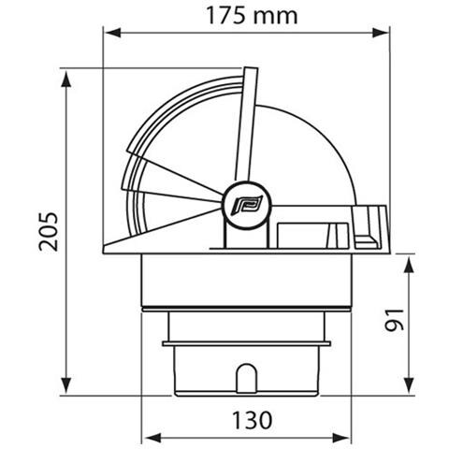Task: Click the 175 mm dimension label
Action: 252,16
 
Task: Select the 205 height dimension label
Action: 49,231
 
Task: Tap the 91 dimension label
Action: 394,320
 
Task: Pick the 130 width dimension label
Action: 253,420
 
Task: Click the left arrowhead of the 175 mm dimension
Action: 113,32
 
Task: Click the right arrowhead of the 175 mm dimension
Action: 381,32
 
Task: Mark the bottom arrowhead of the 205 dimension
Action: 66,385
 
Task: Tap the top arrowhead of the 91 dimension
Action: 409,264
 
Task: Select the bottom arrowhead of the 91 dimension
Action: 409,385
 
